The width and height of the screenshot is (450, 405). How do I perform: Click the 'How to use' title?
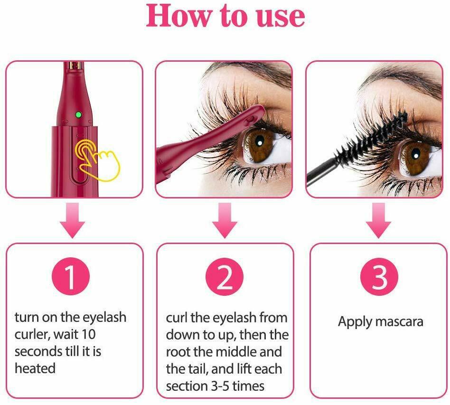(x=225, y=16)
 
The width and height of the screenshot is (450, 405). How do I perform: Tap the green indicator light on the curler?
(x=78, y=115)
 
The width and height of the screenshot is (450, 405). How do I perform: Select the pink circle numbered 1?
(x=71, y=276)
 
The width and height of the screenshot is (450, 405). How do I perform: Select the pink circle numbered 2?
(x=225, y=276)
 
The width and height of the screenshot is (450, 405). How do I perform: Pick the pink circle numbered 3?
(x=379, y=276)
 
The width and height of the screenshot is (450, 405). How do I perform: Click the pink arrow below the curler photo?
(x=73, y=220)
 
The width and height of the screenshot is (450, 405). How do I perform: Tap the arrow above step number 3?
(x=378, y=220)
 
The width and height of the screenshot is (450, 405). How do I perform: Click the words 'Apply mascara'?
(x=381, y=322)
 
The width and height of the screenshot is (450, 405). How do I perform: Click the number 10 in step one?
(x=88, y=335)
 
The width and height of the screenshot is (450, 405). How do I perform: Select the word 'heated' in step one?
(x=35, y=368)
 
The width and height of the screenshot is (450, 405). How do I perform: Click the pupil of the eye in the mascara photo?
(x=415, y=155)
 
